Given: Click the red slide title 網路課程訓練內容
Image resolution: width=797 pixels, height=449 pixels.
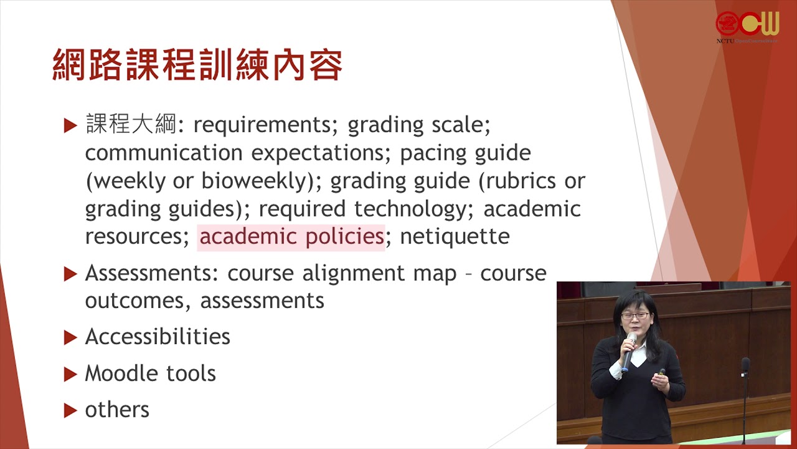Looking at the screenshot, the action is coord(197,64).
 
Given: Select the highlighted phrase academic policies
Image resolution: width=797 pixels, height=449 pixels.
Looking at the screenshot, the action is coord(291,237).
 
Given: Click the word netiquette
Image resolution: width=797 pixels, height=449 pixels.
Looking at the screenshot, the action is coord(455,236).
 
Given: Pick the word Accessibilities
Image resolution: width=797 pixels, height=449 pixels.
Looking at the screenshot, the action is coord(158,336).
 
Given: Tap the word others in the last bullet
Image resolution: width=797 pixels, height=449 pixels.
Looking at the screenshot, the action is coord(117,410).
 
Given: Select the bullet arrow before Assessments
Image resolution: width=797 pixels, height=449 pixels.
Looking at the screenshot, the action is coord(70,274).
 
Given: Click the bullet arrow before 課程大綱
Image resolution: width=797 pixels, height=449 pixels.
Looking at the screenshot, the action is coord(70,126).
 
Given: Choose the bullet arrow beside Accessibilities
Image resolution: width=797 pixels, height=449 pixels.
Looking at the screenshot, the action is coord(70,337).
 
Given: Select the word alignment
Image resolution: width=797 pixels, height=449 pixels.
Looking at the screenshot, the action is coord(353,273).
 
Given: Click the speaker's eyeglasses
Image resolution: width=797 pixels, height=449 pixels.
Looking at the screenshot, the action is coord(636,316).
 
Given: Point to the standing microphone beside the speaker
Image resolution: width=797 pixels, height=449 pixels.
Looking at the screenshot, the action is coord(745,399).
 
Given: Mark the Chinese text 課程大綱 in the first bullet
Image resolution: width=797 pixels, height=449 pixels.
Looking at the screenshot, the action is coord(131,124).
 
